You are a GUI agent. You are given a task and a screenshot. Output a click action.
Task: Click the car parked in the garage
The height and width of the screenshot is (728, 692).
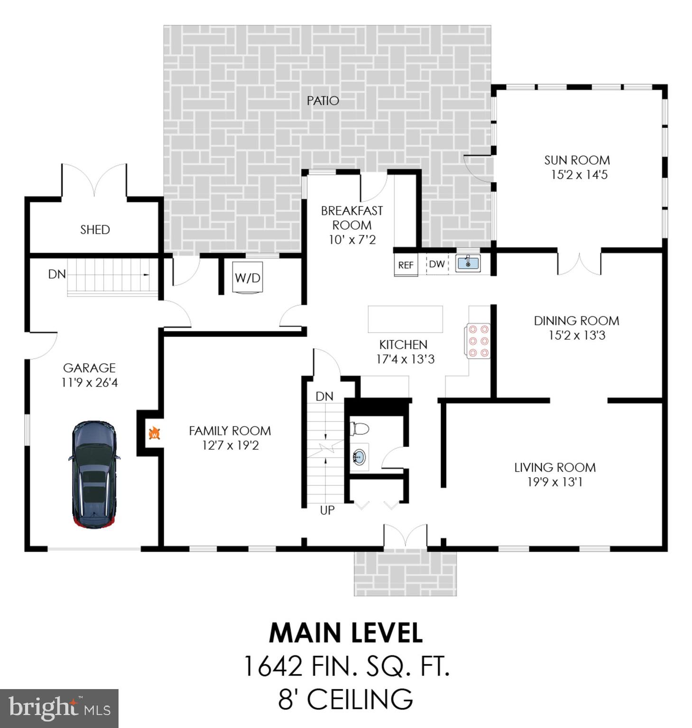click(94, 474)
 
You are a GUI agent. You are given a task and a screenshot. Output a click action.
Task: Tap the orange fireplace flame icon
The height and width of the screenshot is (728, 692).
click(154, 433)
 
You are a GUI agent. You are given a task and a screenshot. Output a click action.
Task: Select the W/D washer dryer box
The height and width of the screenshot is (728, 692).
click(248, 278)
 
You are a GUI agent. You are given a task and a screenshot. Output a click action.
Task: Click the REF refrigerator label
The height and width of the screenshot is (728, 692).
click(406, 265)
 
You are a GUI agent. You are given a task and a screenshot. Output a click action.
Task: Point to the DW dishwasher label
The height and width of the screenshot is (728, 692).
click(437, 264)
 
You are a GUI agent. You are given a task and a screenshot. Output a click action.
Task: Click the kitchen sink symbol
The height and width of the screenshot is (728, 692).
click(468, 263)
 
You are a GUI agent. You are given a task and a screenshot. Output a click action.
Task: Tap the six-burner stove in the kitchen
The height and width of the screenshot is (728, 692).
click(478, 341)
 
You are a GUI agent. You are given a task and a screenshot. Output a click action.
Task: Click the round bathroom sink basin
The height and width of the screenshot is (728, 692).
click(359, 457)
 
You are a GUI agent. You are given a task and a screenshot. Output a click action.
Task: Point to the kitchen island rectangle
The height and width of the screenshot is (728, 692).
click(405, 319)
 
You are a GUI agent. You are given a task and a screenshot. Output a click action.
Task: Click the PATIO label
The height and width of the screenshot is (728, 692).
click(323, 101)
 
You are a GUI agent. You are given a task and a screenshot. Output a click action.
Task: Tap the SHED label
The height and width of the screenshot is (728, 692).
click(95, 230)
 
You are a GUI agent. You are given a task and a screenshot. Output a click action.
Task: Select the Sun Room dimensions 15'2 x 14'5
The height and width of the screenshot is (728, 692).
click(579, 175)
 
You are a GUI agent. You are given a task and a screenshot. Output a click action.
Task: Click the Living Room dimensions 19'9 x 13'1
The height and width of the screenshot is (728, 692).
click(554, 482)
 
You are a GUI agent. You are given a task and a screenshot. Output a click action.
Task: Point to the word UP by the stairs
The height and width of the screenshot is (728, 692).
click(327, 510)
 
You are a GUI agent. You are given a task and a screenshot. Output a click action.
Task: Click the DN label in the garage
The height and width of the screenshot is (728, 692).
click(57, 274)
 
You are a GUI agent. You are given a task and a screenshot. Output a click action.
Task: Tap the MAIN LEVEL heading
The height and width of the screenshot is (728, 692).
click(346, 633)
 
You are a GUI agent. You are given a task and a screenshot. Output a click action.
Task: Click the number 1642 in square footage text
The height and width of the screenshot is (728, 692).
click(272, 666)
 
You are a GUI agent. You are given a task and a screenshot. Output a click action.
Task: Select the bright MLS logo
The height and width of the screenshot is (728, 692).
click(59, 708)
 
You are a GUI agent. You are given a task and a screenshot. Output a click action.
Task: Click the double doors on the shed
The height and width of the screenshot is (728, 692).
click(94, 180)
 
